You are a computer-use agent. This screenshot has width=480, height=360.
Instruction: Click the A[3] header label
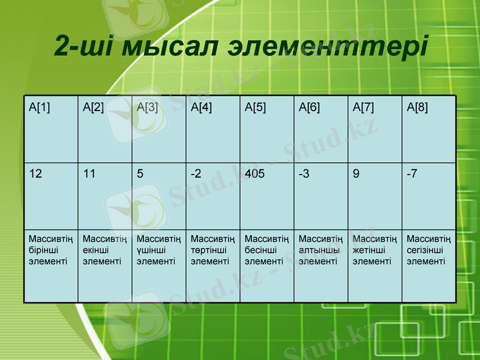[148, 107]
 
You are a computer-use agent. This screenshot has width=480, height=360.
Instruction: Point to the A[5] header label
[256, 107]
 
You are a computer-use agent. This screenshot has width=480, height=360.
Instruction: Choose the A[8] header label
[418, 107]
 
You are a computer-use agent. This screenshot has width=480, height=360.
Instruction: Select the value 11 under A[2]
[89, 174]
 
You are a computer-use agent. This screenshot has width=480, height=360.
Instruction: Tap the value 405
[254, 174]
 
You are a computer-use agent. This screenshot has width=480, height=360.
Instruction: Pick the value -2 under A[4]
[196, 174]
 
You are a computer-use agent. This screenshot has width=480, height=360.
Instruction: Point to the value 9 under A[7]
[356, 174]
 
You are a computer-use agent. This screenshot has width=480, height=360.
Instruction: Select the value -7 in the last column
[412, 174]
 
